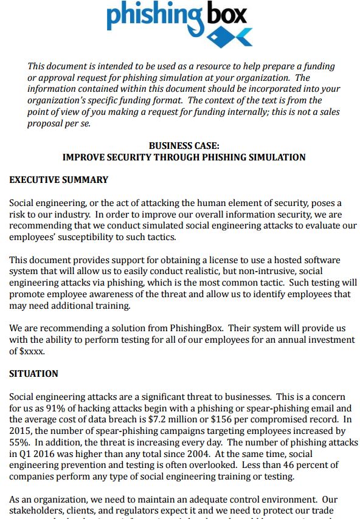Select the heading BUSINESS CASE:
184,146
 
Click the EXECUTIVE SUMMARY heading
59,180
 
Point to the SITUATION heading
34,374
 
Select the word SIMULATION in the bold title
274,157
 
